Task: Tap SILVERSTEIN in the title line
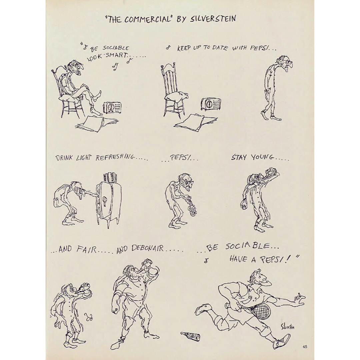click(x=213, y=19)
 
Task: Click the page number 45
click(x=305, y=347)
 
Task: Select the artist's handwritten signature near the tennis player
click(x=287, y=327)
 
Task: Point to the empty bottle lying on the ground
click(x=191, y=337)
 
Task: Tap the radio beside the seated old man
click(x=112, y=108)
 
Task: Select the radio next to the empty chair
click(x=211, y=104)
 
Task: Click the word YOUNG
click(x=262, y=157)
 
